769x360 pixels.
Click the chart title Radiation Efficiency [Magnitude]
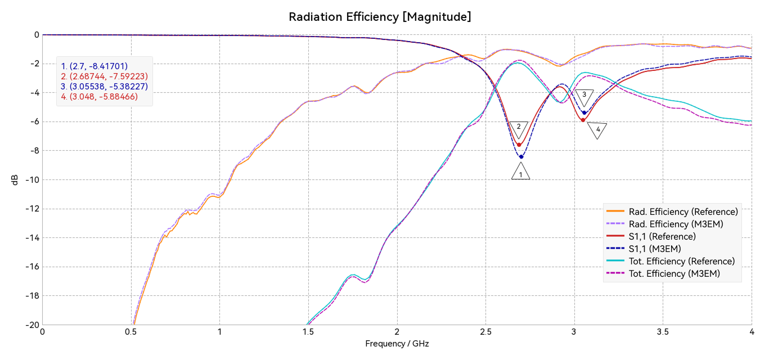[380, 17]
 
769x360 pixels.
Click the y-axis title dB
[15, 179]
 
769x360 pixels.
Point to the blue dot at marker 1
[521, 157]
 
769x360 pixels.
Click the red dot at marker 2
[519, 145]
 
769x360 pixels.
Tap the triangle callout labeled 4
[597, 130]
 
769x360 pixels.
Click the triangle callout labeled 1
[521, 172]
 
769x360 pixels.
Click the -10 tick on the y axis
[32, 180]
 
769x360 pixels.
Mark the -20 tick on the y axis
[32, 325]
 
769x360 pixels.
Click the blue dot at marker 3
[584, 113]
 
